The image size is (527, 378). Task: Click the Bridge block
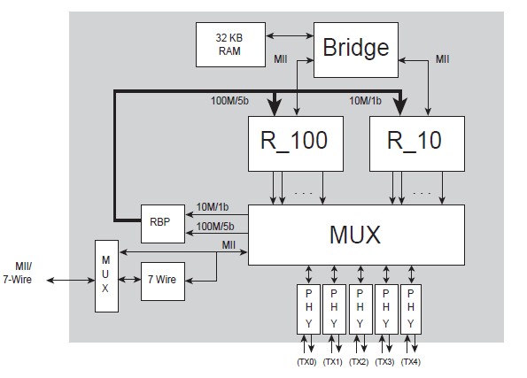(354, 48)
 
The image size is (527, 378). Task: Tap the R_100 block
(293, 141)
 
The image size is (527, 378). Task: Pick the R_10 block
(416, 141)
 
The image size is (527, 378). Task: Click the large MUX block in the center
(355, 235)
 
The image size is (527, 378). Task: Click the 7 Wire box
(163, 280)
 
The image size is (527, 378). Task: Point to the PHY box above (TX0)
(308, 308)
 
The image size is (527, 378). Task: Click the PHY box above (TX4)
(412, 308)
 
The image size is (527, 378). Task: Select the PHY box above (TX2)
(360, 308)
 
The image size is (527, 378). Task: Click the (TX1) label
(333, 361)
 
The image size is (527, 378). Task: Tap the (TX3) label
(386, 361)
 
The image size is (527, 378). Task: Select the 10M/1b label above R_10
(364, 100)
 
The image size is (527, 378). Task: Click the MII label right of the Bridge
(443, 58)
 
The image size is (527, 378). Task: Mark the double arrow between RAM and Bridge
(291, 36)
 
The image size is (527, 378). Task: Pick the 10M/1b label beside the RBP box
(211, 206)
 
